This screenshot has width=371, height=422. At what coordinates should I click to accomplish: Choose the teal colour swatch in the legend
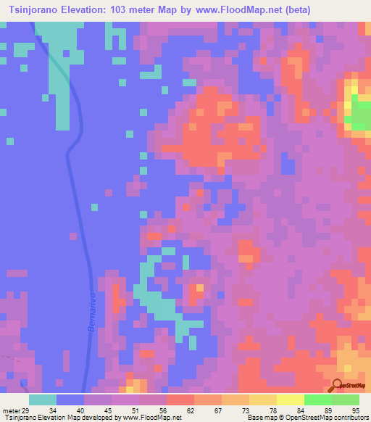click(x=43, y=400)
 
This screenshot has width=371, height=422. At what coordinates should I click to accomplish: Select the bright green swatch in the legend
click(x=318, y=400)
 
